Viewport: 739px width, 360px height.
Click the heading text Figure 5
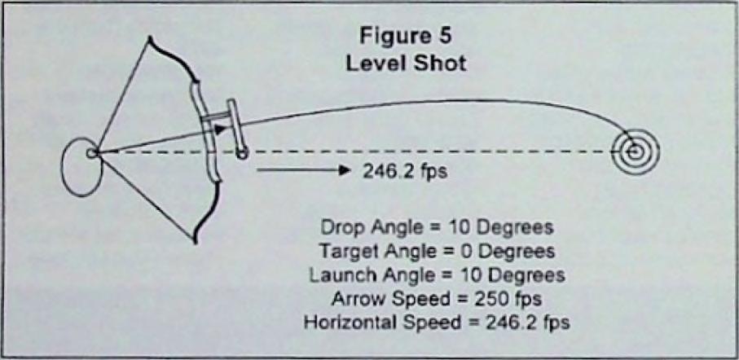[x=405, y=37]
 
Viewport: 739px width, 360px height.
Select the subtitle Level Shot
[x=406, y=63]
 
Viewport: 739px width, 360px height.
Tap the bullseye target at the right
[x=635, y=151]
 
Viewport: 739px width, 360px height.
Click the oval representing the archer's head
[x=82, y=167]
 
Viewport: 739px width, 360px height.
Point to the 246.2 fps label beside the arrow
[x=404, y=172]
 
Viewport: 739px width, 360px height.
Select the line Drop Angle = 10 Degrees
[x=437, y=228]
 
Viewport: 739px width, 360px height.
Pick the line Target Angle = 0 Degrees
[x=437, y=251]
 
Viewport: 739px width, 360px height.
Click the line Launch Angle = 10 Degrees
[x=437, y=275]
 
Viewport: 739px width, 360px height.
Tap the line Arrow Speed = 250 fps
[x=437, y=299]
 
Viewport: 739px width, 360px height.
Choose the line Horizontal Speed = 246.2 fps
[x=437, y=323]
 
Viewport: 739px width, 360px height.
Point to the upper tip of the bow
[x=149, y=37]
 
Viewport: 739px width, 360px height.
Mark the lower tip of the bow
[x=195, y=241]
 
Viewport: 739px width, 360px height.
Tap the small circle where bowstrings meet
[x=92, y=152]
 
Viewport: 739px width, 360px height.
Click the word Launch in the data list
[x=337, y=275]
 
